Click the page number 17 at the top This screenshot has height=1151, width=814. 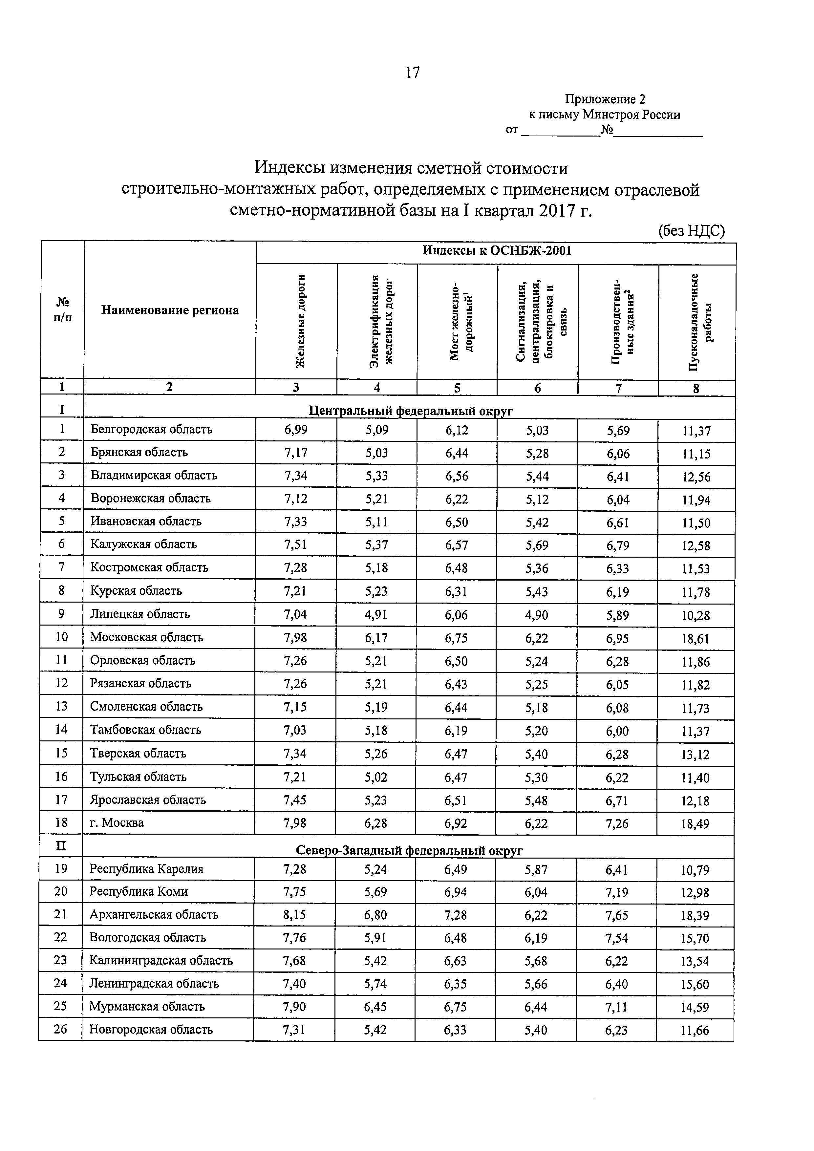[412, 73]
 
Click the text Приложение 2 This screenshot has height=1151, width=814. [605, 99]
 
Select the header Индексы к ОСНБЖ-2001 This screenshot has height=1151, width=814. [496, 251]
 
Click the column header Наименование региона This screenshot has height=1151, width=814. [170, 310]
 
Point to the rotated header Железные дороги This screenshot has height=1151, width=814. [300, 321]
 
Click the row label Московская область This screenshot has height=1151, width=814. [146, 637]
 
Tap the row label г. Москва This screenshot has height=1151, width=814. [117, 823]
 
